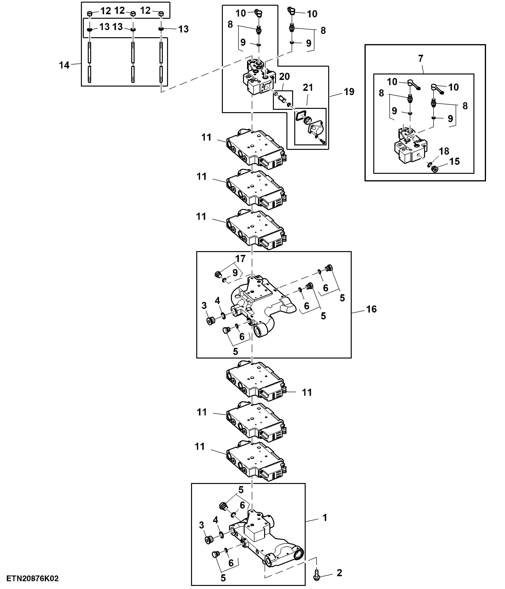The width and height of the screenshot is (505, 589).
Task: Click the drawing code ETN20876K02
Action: [x=33, y=579]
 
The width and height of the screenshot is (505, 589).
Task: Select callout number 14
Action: [x=64, y=65]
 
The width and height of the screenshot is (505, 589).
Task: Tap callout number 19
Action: [x=349, y=92]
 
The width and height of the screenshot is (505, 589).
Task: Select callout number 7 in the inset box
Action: [x=421, y=59]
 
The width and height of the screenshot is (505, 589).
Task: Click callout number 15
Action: [x=454, y=161]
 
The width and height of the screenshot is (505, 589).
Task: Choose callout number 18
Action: [x=444, y=151]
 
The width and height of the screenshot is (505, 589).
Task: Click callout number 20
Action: [x=284, y=76]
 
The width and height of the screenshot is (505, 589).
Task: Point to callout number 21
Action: [x=308, y=87]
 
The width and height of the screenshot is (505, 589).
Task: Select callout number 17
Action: [x=240, y=259]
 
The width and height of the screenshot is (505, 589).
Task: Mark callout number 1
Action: [x=325, y=518]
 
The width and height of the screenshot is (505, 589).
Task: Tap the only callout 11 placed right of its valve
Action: [x=307, y=393]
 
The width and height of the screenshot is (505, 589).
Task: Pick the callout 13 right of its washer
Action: [x=183, y=29]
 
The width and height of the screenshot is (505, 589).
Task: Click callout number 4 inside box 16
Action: [x=217, y=301]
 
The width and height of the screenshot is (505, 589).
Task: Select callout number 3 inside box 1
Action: [x=201, y=525]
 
